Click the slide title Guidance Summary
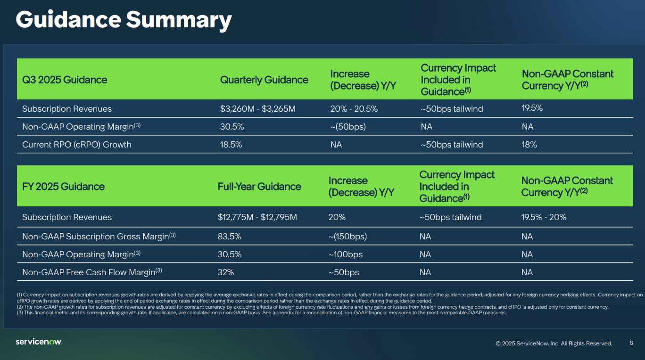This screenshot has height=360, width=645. (x=124, y=20)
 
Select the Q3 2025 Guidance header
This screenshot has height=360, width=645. (x=65, y=80)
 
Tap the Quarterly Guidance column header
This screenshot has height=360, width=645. (x=264, y=80)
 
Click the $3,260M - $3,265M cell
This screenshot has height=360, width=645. (x=258, y=109)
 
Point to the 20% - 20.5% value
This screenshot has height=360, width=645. (x=354, y=109)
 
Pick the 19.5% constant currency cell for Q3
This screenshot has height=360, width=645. (x=532, y=108)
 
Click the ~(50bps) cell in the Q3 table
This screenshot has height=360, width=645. (x=348, y=127)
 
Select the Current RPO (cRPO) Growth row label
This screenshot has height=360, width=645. (x=77, y=145)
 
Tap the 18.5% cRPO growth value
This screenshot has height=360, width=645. (x=231, y=145)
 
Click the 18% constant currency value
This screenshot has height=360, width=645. (x=529, y=145)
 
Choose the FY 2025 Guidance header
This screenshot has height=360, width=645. (x=63, y=187)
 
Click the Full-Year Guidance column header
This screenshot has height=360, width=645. (x=259, y=187)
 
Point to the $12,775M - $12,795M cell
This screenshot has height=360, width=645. (x=257, y=217)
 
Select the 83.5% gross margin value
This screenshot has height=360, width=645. (x=230, y=237)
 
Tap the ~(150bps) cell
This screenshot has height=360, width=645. (x=347, y=237)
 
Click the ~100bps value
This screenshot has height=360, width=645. (x=346, y=254)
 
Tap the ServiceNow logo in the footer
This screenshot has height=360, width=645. (x=39, y=342)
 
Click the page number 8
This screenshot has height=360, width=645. (x=631, y=343)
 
